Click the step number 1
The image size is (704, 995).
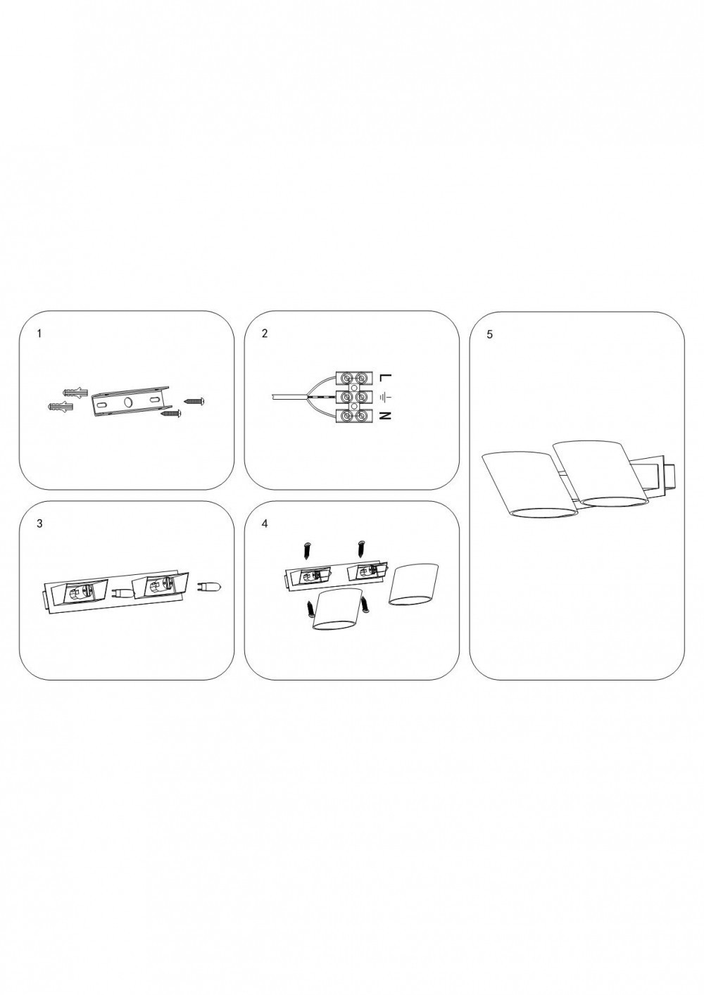(39, 334)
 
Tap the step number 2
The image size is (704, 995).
(264, 334)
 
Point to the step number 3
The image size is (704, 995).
(39, 524)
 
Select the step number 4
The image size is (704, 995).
(264, 524)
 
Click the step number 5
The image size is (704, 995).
(489, 334)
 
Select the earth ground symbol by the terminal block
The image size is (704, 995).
(382, 397)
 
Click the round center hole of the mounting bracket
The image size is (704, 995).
(127, 402)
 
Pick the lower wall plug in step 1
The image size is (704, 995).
(59, 407)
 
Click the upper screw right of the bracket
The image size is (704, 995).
(194, 400)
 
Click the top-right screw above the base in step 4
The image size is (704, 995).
(362, 546)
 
